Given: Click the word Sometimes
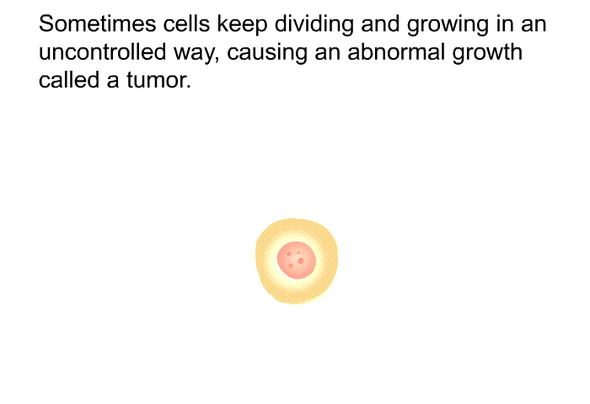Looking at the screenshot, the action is pos(98,24).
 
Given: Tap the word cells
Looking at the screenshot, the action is pos(186,24).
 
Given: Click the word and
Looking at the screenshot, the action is pos(380,24).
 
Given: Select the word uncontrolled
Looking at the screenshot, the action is pos(102,52).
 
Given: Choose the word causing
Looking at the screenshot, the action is pos(267,54).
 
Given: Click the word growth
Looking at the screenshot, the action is pos(487,54).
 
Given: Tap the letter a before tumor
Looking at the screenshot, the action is pos(112,82).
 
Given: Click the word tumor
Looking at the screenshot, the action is pos(155,81).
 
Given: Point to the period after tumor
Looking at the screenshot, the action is pos(188,87).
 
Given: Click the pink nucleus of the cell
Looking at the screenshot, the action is pos(297,260).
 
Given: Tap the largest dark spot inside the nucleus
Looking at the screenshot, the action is pos(300,261).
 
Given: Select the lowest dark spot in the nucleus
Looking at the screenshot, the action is pos(291,266).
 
